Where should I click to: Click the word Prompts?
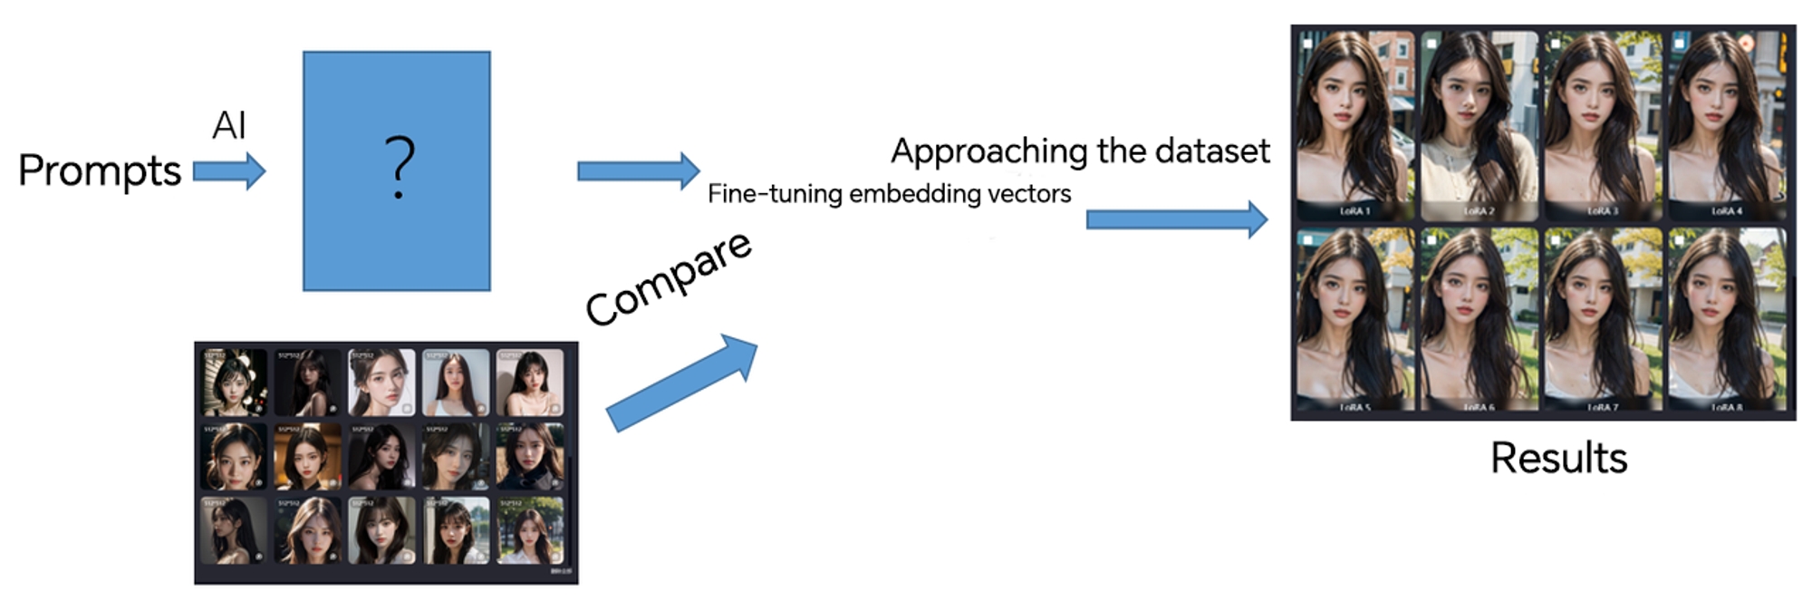click(x=100, y=171)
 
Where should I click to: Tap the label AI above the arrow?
click(x=229, y=125)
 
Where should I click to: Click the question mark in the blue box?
click(x=399, y=168)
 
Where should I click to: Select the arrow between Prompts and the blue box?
click(x=229, y=171)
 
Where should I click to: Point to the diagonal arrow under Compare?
click(x=681, y=382)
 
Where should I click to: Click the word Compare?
click(x=668, y=278)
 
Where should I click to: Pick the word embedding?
click(x=906, y=193)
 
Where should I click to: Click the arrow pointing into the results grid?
click(x=1176, y=219)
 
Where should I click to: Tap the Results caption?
click(x=1558, y=458)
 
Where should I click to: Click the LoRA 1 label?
click(x=1354, y=211)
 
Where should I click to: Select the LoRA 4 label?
click(x=1726, y=211)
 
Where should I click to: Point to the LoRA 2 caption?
click(x=1479, y=211)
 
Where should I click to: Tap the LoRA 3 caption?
click(x=1602, y=211)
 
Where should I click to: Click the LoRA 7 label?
click(x=1602, y=408)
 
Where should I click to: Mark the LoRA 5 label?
click(x=1354, y=408)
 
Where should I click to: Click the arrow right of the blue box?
click(x=638, y=170)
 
